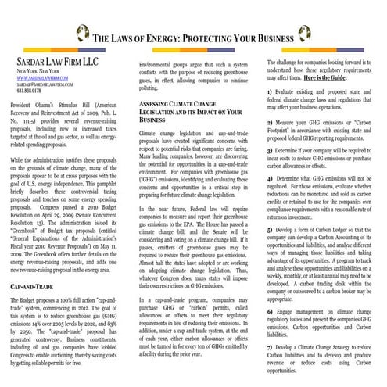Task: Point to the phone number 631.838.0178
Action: click(x=28, y=91)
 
